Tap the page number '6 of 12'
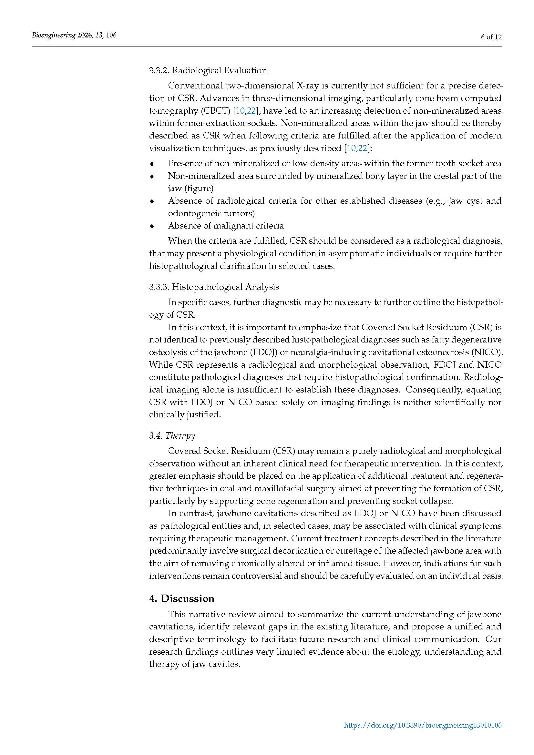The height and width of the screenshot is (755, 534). point(491,37)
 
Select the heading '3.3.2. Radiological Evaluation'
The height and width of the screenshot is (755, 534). point(208,70)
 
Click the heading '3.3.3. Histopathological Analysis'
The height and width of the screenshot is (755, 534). point(214,287)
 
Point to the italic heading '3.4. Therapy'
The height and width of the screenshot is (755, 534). point(172,436)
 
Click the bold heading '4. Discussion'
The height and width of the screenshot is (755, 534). point(181,598)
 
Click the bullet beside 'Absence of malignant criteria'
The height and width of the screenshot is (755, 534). point(152,226)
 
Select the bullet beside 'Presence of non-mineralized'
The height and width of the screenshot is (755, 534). point(152,163)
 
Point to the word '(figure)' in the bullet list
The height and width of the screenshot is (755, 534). point(199,189)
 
